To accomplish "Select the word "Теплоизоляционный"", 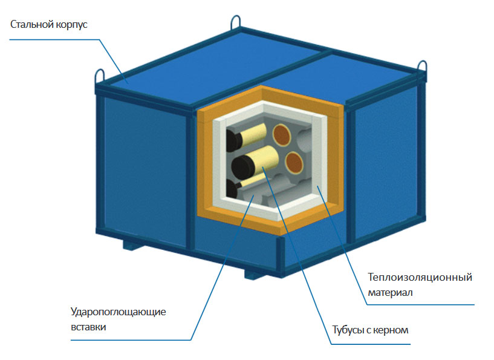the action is point(420,277).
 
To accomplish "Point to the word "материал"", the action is point(390,293).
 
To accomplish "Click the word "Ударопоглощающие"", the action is point(118,312).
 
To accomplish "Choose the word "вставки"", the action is point(88,327).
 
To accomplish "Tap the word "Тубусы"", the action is point(347,330).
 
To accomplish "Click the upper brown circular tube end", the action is point(281,135).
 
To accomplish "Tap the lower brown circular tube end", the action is point(294,163).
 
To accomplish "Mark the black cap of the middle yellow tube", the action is point(243,167).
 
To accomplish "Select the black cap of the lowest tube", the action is point(232,189).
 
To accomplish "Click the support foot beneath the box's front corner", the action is point(256,273).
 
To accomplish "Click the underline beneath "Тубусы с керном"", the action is point(371,344).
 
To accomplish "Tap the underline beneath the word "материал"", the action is point(421,304).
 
